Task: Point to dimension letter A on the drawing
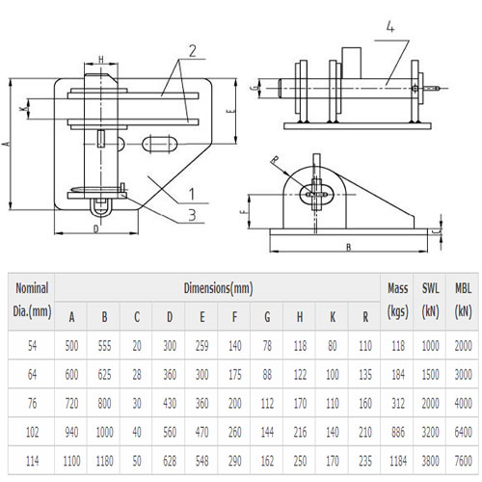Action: click(x=8, y=143)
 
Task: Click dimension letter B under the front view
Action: click(x=346, y=248)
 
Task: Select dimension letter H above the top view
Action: click(x=101, y=59)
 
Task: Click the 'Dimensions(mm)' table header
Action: click(x=218, y=287)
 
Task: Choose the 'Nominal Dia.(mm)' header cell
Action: click(x=32, y=300)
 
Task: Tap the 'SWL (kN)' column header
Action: click(x=431, y=300)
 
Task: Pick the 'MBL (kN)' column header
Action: click(x=464, y=300)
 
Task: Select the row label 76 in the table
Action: click(x=32, y=405)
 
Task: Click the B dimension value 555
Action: click(x=104, y=345)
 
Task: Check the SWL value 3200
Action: click(x=431, y=434)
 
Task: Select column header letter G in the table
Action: click(x=266, y=315)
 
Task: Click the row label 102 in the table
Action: click(x=32, y=434)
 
